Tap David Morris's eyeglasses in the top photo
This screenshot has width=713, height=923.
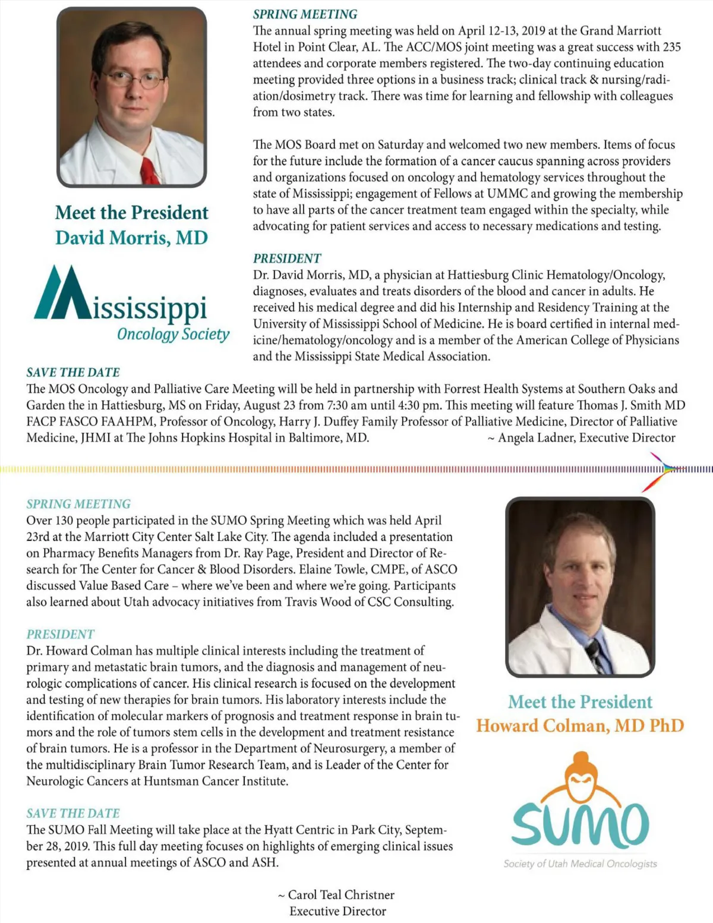click(x=132, y=79)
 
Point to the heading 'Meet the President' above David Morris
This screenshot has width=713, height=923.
click(x=131, y=213)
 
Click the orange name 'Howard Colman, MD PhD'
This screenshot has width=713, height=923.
click(x=580, y=726)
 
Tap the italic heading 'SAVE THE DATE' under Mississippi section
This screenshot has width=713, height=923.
click(x=73, y=373)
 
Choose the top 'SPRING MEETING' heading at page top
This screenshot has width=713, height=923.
click(x=305, y=14)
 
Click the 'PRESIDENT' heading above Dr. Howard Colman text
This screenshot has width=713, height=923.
click(x=60, y=634)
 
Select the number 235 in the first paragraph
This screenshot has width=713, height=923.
click(x=670, y=47)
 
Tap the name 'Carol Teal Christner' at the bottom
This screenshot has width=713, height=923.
click(x=341, y=894)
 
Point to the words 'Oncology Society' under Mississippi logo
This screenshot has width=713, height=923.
click(x=173, y=334)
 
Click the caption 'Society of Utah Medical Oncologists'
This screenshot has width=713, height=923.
click(x=580, y=864)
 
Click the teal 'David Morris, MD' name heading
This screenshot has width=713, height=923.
click(x=131, y=238)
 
